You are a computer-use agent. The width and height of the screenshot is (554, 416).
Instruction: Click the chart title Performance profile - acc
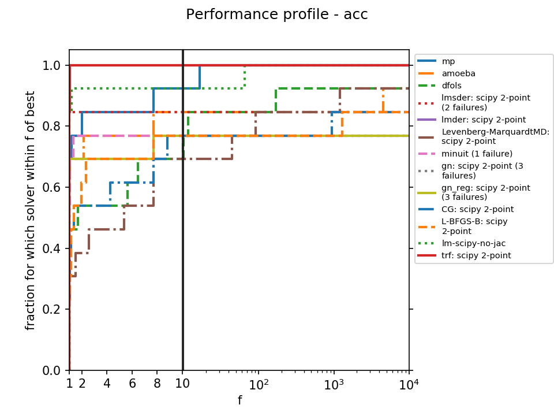276,15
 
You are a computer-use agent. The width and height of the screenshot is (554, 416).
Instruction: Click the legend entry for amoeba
455,73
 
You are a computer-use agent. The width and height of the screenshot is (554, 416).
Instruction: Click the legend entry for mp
448,61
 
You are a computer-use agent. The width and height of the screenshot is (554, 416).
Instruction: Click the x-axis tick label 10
182,383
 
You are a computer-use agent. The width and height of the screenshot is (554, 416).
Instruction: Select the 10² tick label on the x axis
259,383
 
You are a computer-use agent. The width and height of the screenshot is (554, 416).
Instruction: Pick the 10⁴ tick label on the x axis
409,383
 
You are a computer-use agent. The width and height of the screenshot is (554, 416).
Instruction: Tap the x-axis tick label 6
132,383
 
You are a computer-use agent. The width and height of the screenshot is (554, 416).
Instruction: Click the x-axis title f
239,400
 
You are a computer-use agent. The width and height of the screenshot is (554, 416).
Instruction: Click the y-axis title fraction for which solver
31,210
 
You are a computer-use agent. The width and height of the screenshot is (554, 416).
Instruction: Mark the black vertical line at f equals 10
183,231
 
